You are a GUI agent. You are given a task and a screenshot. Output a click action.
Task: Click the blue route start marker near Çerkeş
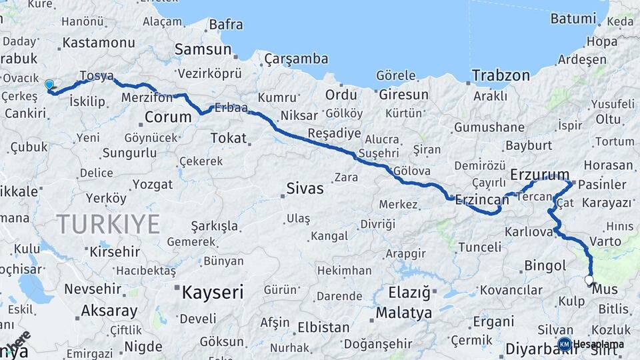(x=49, y=85)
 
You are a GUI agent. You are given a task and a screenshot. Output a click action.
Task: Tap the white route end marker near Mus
(x=589, y=280)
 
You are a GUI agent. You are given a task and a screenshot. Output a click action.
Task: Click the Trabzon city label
(x=500, y=75)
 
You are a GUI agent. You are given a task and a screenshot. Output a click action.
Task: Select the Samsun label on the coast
(x=203, y=49)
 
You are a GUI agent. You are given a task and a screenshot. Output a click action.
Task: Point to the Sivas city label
(x=305, y=189)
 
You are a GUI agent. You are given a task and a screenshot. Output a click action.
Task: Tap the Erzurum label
(x=539, y=175)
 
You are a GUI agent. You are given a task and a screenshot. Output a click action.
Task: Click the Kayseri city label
(x=213, y=292)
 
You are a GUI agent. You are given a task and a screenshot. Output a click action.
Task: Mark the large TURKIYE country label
(x=108, y=223)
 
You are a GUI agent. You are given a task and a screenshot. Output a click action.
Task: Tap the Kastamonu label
(x=98, y=43)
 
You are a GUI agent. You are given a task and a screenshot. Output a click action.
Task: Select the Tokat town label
(x=228, y=139)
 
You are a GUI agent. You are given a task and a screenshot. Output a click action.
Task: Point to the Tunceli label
(x=479, y=247)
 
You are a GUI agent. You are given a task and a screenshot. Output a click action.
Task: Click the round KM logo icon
(x=565, y=344)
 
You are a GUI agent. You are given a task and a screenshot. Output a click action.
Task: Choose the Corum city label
(x=167, y=117)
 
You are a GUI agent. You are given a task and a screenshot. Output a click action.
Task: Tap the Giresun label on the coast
(x=403, y=95)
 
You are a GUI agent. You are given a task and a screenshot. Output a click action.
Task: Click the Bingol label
(x=545, y=266)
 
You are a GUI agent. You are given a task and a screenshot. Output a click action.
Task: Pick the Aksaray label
(x=109, y=311)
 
